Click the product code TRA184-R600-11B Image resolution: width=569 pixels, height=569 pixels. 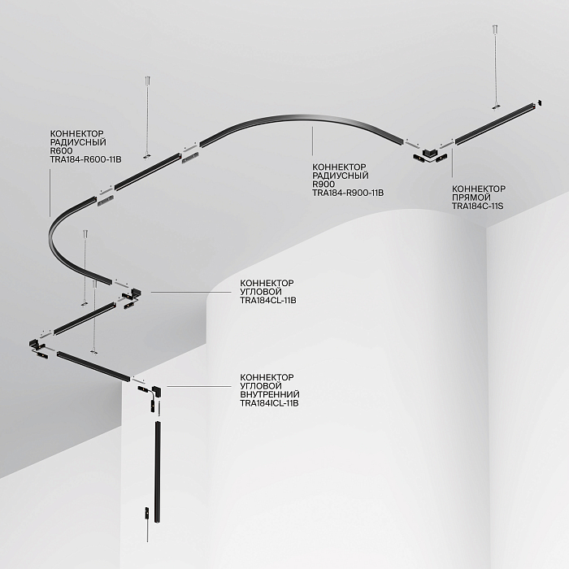pyautogui.click(x=85, y=159)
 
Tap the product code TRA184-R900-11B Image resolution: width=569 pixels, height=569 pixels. pyautogui.click(x=348, y=193)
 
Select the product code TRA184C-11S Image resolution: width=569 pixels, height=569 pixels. pyautogui.click(x=478, y=206)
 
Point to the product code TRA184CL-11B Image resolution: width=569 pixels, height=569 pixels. pyautogui.click(x=268, y=301)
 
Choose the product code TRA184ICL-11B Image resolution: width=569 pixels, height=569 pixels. pyautogui.click(x=270, y=403)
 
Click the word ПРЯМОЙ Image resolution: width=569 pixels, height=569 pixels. pyautogui.click(x=471, y=198)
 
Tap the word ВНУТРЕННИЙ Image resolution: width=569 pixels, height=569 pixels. pyautogui.click(x=270, y=394)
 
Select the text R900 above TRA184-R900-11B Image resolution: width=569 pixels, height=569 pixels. pyautogui.click(x=324, y=184)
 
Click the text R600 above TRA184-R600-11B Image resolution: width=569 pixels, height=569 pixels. pyautogui.click(x=61, y=150)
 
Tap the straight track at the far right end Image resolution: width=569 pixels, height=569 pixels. pyautogui.click(x=495, y=124)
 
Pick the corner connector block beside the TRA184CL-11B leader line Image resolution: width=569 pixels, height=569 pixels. pyautogui.click(x=136, y=293)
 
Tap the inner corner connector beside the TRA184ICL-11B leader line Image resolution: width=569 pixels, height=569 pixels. pyautogui.click(x=158, y=391)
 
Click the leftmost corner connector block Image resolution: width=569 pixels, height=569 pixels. pyautogui.click(x=34, y=342)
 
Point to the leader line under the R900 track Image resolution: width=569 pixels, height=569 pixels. pyautogui.click(x=312, y=141)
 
